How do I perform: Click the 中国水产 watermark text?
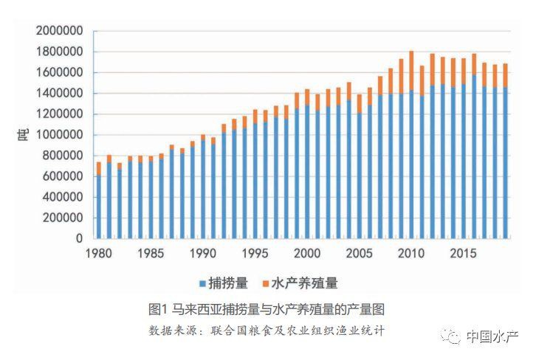coord(494,337)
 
